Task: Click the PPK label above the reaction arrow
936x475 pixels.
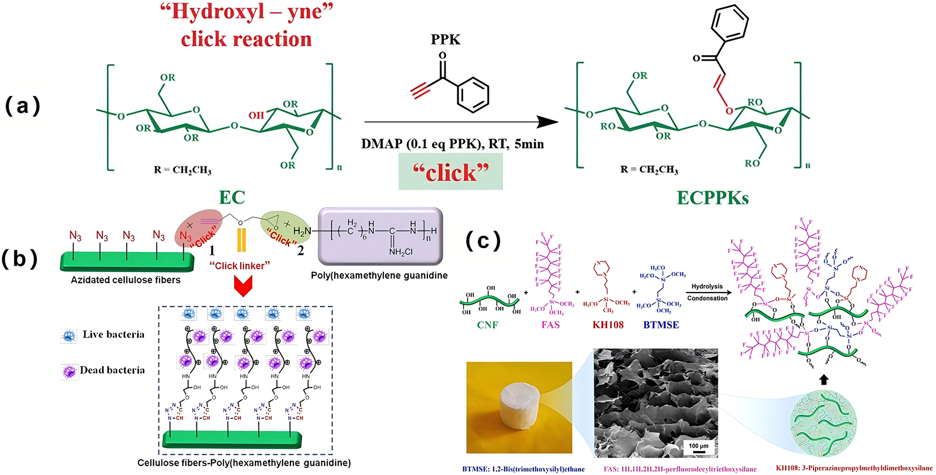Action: [x=445, y=40]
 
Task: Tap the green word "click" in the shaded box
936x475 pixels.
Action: [x=451, y=172]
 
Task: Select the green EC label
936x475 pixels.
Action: [x=232, y=197]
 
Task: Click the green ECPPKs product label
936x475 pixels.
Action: [x=712, y=198]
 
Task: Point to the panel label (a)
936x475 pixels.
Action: [x=22, y=106]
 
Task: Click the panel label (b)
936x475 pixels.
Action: [x=19, y=259]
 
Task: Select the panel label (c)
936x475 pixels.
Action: [x=483, y=241]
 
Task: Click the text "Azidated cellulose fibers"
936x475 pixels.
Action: [x=126, y=280]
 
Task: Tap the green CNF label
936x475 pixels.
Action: [x=487, y=325]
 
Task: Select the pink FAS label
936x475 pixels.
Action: [x=550, y=325]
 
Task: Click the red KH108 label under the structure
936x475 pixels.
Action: [x=608, y=325]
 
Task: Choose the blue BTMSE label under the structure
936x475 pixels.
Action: [x=661, y=325]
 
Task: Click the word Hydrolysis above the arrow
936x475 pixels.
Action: [x=707, y=287]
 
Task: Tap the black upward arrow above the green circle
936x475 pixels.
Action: [x=824, y=379]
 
